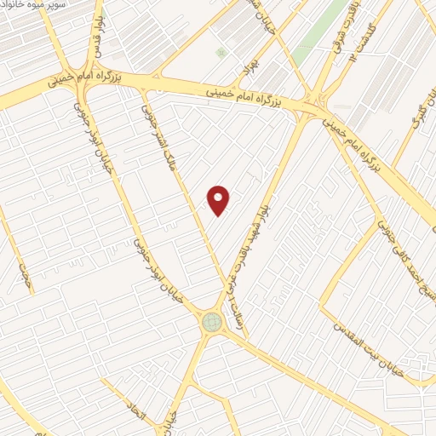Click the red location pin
click(220, 200)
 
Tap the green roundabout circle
click(210, 322)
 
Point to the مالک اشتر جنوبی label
click(163, 132)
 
